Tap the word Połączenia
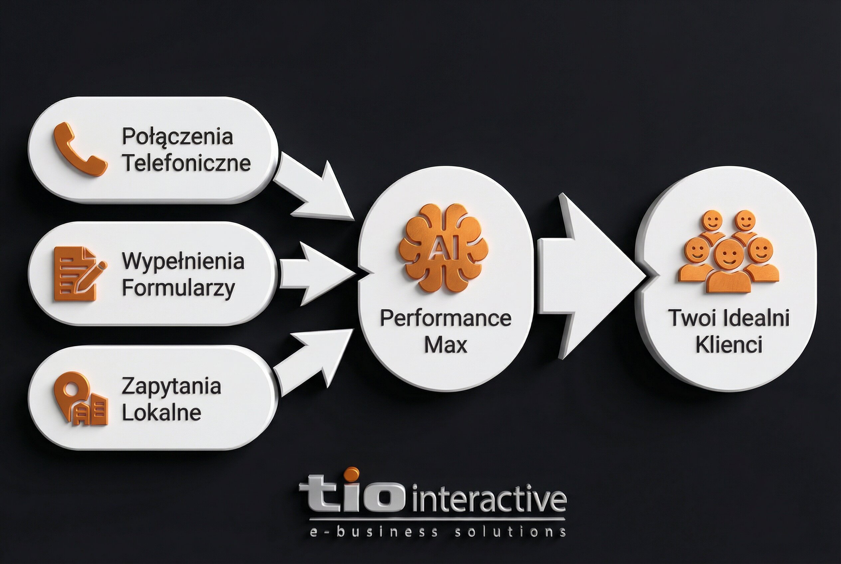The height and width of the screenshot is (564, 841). [x=177, y=136]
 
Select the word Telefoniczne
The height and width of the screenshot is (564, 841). [x=186, y=163]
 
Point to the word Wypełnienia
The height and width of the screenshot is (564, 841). [x=183, y=261]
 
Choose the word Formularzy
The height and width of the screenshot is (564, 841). [x=178, y=288]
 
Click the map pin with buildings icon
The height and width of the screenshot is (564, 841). [x=80, y=398]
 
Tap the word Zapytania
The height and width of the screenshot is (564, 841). [x=171, y=386]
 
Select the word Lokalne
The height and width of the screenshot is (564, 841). [x=161, y=413]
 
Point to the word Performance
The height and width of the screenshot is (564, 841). [x=445, y=318]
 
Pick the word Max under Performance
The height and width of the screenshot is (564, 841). [x=445, y=345]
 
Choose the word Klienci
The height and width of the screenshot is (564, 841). [x=729, y=345]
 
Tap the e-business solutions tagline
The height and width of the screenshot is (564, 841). [x=437, y=532]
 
